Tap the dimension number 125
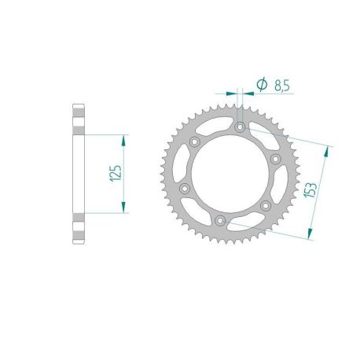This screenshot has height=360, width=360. pyautogui.click(x=115, y=174)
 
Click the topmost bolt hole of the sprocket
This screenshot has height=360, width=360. pyautogui.click(x=240, y=127)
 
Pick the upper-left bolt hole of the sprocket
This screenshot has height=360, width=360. pyautogui.click(x=194, y=141)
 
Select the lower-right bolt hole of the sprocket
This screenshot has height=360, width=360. pyautogui.click(x=266, y=205)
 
